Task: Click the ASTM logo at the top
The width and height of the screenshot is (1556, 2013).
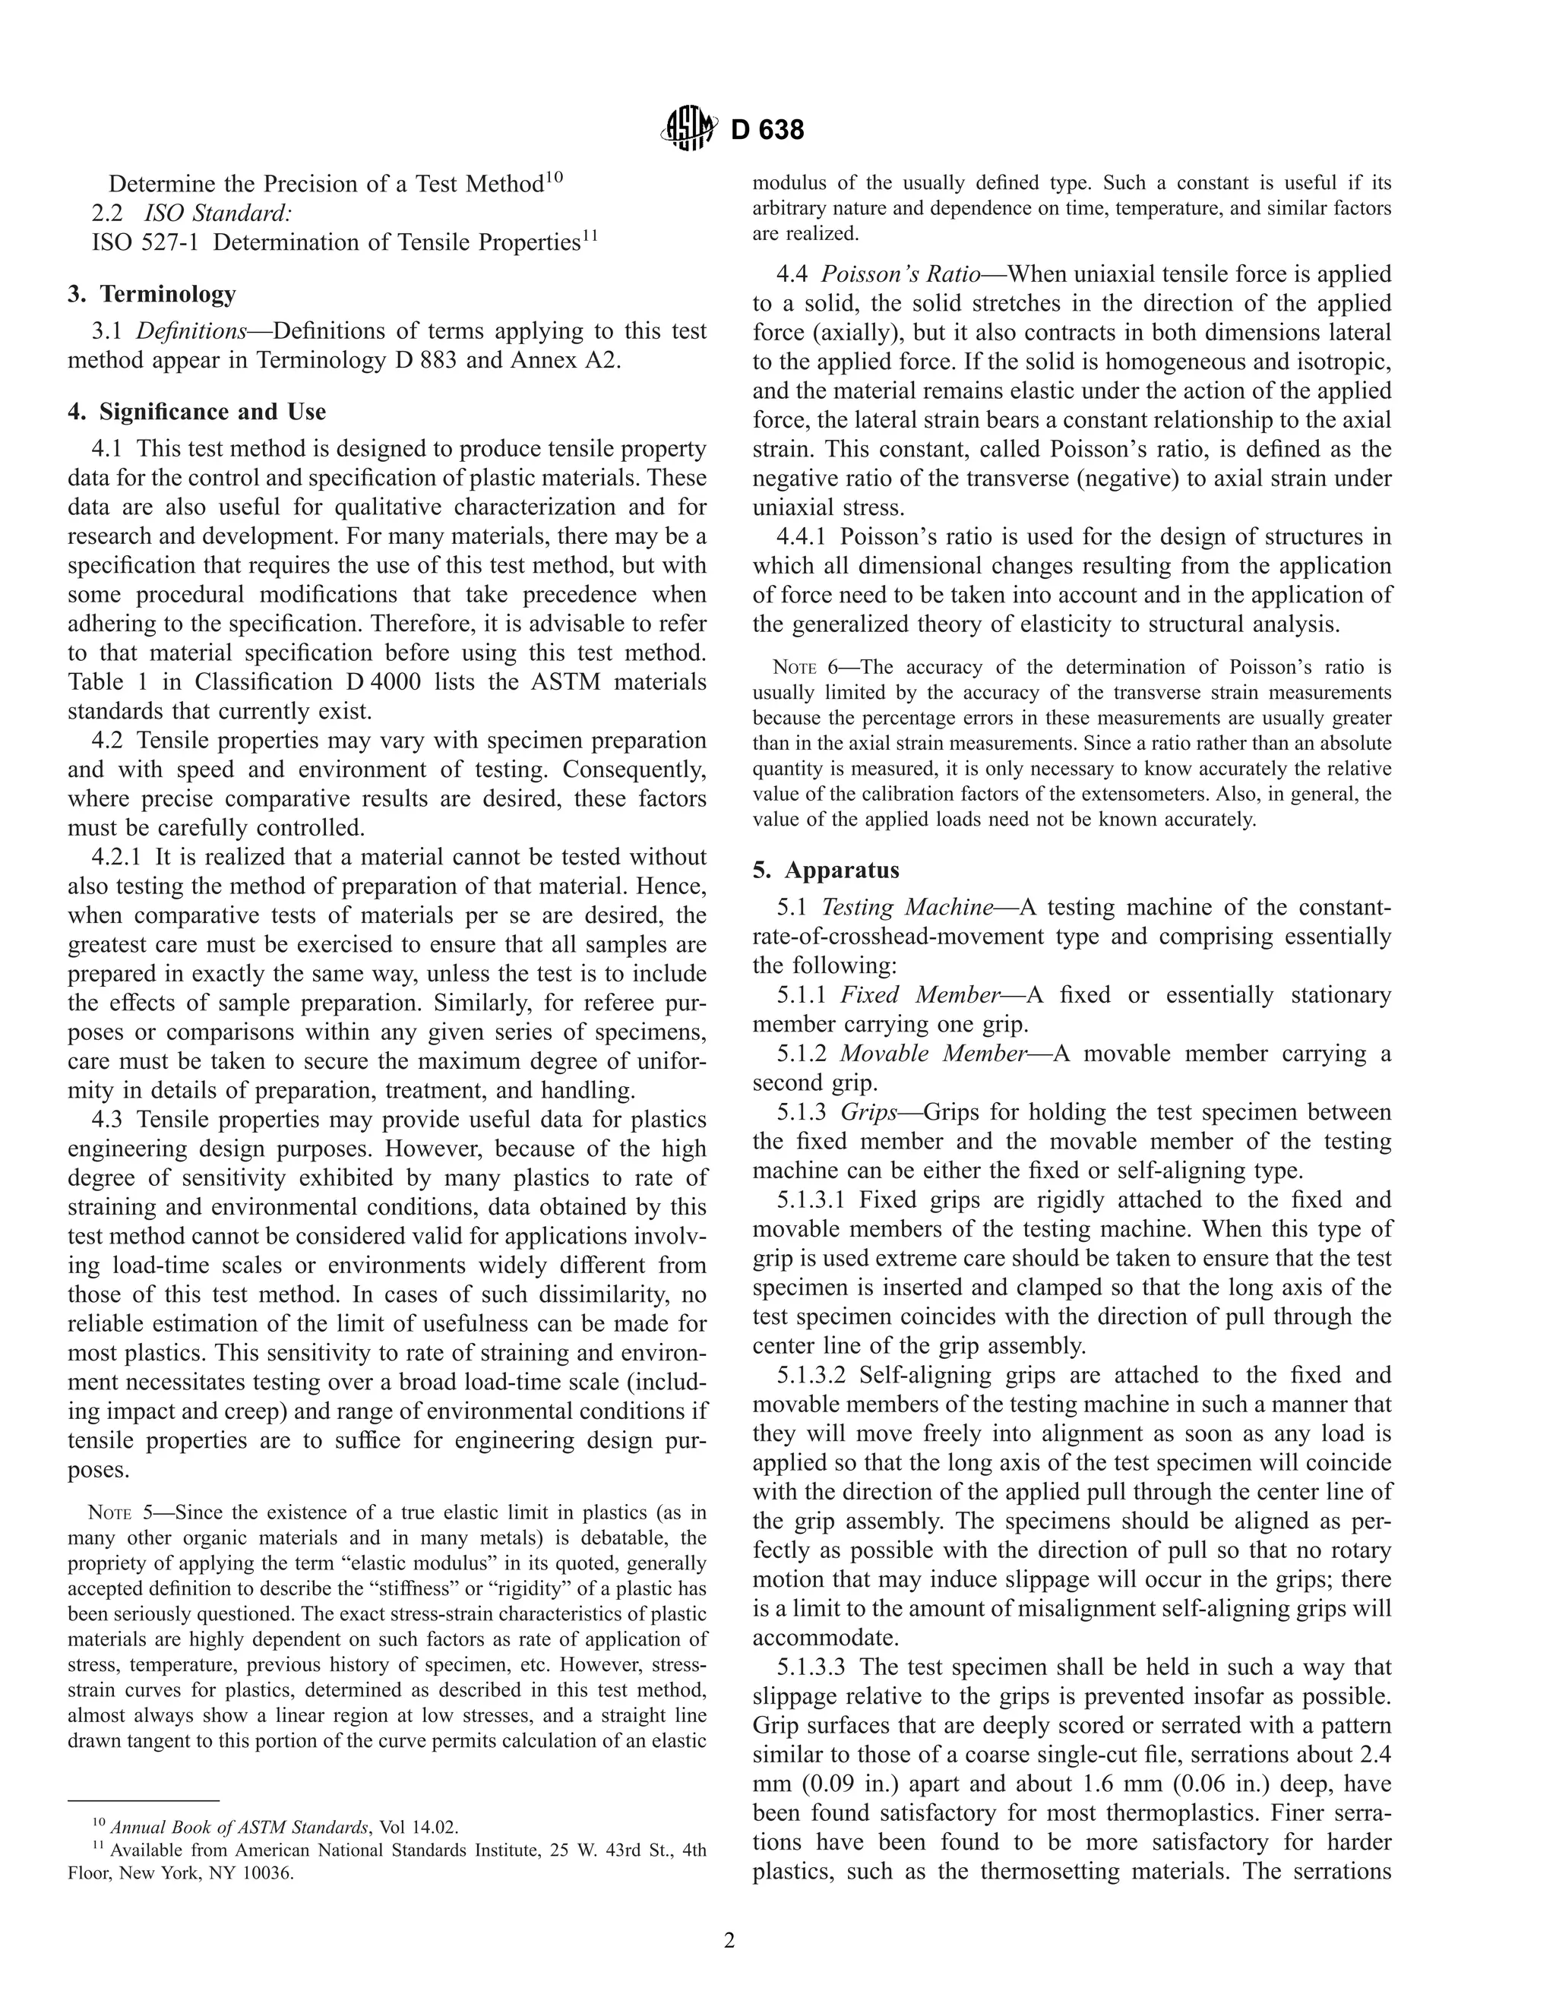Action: tap(688, 129)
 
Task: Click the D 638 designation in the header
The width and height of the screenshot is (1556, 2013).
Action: tap(767, 131)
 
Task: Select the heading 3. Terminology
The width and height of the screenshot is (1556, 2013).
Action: tap(152, 294)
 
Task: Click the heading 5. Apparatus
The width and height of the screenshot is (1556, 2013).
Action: tap(826, 870)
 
